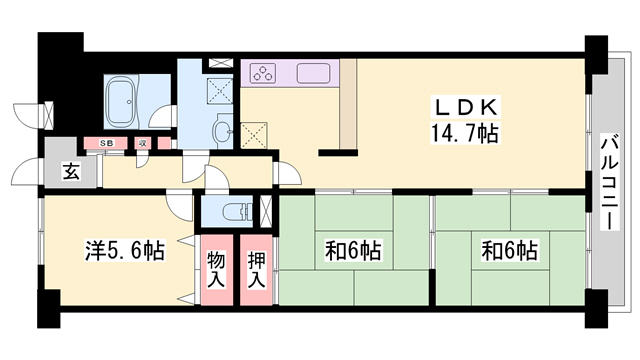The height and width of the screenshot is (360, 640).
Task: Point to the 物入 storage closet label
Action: coord(215,269)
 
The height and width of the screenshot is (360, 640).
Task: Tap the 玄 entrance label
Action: coord(72,171)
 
